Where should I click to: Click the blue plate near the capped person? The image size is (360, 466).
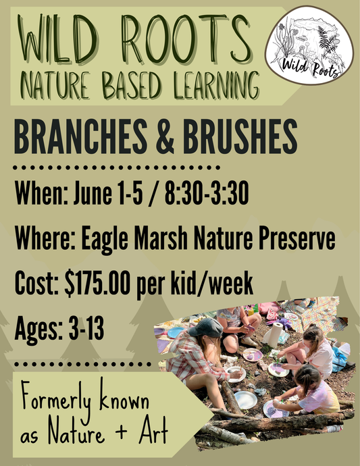[x=176, y=332]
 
